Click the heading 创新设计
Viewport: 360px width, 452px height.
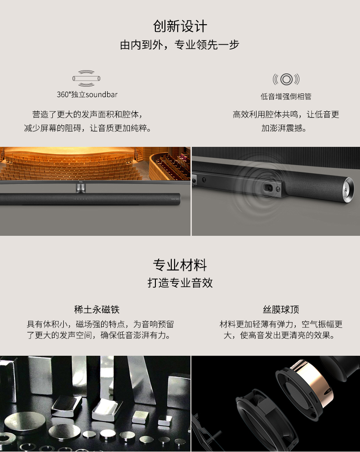point(180,26)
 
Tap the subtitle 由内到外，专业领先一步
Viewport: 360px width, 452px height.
point(180,45)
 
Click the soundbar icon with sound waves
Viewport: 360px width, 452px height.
point(87,78)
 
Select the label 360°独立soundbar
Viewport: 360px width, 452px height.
point(87,94)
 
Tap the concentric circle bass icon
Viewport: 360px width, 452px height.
point(286,79)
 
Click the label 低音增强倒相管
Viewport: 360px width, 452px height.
point(286,97)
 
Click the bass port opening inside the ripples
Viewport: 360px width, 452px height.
point(268,188)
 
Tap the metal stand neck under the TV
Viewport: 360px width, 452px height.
point(81,188)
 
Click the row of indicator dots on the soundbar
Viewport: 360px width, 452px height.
point(81,199)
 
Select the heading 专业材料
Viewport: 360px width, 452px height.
point(180,265)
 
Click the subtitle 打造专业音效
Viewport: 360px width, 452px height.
point(180,283)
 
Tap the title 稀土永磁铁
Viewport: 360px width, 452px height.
point(97,310)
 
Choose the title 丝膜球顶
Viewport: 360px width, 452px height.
point(281,310)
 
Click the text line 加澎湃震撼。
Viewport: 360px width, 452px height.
point(284,128)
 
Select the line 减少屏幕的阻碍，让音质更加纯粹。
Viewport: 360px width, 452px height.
point(87,128)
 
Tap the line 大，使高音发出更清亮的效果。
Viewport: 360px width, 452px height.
point(279,335)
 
